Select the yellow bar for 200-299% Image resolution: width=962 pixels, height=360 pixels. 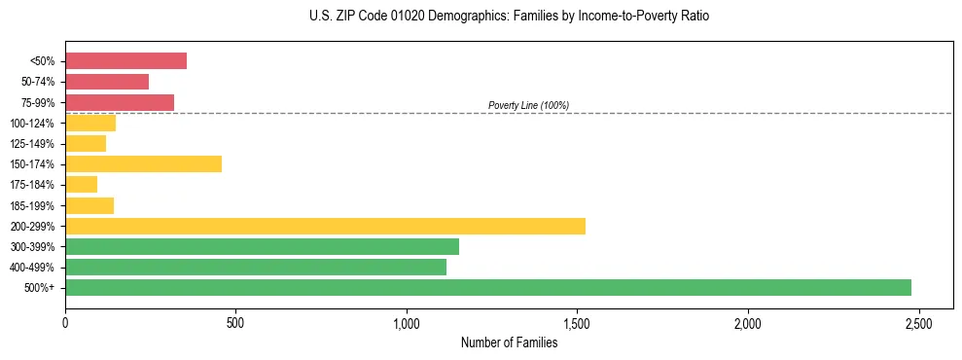[x=325, y=226]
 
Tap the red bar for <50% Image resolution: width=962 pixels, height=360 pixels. [x=125, y=60]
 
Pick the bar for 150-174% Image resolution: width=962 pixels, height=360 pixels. [x=143, y=163]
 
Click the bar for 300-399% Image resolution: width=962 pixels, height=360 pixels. [x=262, y=246]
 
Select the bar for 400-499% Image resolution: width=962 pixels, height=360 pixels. [x=256, y=267]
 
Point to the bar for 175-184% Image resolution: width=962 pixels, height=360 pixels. [x=81, y=184]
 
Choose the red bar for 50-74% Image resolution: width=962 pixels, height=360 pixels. [x=107, y=82]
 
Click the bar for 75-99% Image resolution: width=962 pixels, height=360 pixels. [x=120, y=102]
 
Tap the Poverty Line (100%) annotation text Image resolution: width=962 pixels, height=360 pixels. [x=528, y=105]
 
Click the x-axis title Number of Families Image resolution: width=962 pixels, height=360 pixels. [x=509, y=342]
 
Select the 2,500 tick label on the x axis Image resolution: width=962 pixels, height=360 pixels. [x=918, y=323]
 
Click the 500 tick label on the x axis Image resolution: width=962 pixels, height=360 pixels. [x=235, y=323]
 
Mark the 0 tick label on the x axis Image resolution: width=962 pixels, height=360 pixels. [x=65, y=323]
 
